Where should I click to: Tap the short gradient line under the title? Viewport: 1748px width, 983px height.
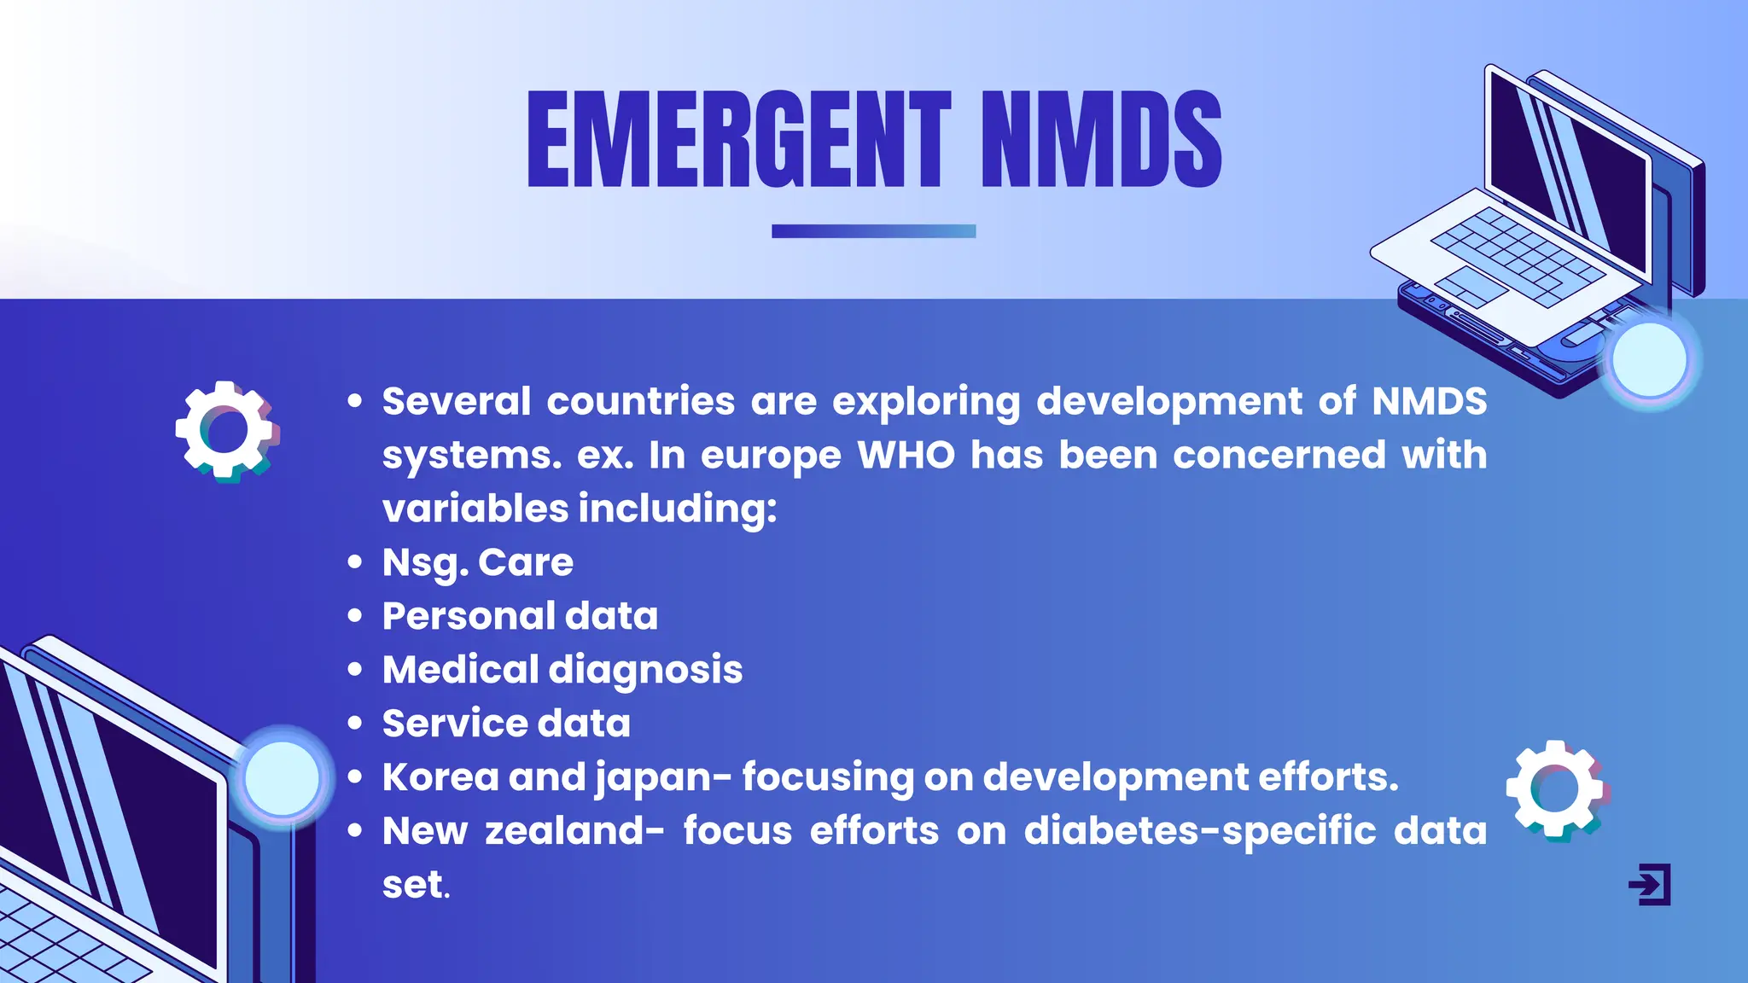click(873, 231)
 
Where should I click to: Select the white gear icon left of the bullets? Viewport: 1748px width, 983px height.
click(226, 431)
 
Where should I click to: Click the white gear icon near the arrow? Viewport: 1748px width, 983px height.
click(1556, 789)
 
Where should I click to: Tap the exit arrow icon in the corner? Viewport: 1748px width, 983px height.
click(1649, 884)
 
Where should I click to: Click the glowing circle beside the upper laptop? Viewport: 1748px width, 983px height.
click(1649, 360)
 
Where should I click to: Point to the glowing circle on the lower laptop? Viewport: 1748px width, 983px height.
click(282, 778)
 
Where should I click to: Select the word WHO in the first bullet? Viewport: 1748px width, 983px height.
click(906, 455)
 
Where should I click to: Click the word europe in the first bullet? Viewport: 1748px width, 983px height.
click(771, 455)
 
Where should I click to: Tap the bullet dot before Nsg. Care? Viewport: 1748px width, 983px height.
click(355, 562)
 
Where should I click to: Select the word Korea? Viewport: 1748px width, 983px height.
click(440, 777)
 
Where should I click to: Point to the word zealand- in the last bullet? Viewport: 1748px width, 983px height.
click(574, 831)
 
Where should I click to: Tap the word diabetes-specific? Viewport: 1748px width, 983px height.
click(1200, 831)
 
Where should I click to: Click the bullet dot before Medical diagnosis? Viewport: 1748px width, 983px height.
click(355, 670)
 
